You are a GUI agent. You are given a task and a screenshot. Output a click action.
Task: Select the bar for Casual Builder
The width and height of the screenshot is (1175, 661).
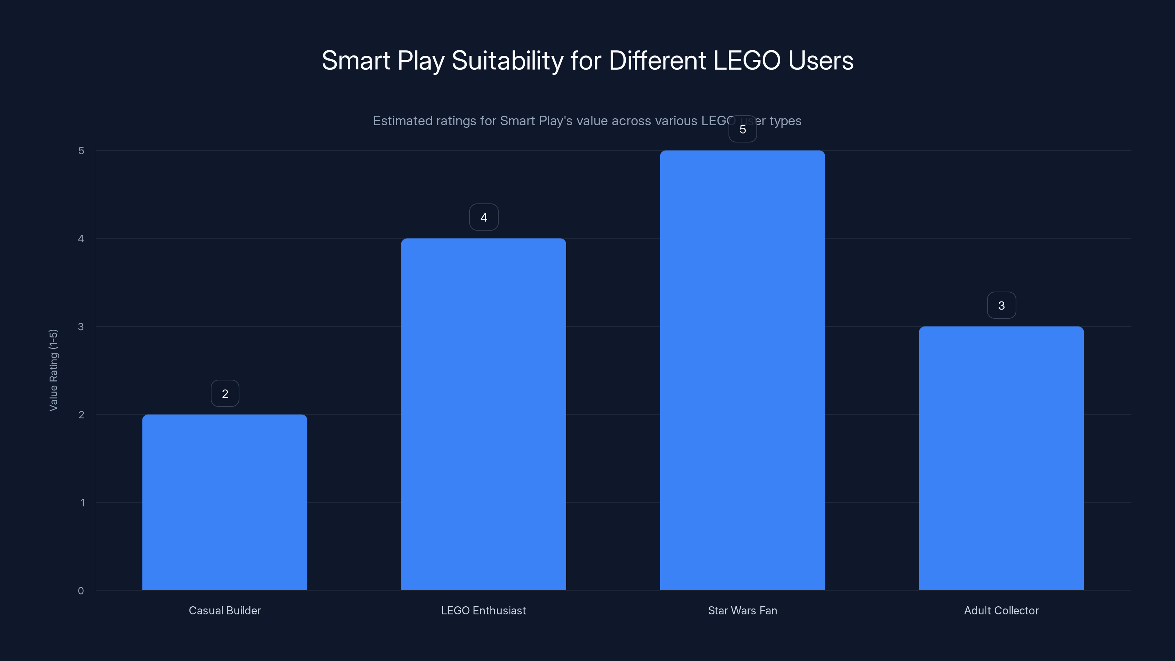pyautogui.click(x=224, y=502)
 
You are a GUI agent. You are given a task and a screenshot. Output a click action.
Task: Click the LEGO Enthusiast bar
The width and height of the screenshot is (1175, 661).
pyautogui.click(x=484, y=414)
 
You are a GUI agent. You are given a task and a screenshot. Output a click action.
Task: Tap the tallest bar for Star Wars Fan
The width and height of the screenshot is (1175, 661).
pyautogui.click(x=742, y=370)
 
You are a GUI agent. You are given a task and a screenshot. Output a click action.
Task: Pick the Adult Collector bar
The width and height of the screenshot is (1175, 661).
pyautogui.click(x=1001, y=458)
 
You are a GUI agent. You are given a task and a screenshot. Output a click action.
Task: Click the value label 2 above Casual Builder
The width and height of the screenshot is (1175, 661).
pyautogui.click(x=225, y=393)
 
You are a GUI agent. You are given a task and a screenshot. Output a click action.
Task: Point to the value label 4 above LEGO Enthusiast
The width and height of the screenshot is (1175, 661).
pyautogui.click(x=484, y=217)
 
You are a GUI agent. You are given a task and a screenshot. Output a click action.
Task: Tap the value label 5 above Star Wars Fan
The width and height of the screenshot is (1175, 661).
pyautogui.click(x=742, y=129)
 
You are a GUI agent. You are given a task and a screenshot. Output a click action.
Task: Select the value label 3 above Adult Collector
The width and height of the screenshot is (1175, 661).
pyautogui.click(x=1001, y=305)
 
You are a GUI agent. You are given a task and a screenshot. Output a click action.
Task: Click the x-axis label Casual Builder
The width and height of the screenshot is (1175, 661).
pyautogui.click(x=224, y=610)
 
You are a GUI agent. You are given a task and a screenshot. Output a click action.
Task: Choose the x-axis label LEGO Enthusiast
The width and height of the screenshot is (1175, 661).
pyautogui.click(x=484, y=610)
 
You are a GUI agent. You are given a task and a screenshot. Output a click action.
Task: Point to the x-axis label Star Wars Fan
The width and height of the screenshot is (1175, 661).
pyautogui.click(x=742, y=610)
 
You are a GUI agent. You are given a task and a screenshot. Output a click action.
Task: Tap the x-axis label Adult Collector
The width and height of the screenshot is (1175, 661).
pyautogui.click(x=1001, y=610)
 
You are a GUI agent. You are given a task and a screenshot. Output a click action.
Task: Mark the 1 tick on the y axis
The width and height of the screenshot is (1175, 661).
pyautogui.click(x=82, y=503)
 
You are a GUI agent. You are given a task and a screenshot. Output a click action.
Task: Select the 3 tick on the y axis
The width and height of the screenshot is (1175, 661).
pyautogui.click(x=81, y=326)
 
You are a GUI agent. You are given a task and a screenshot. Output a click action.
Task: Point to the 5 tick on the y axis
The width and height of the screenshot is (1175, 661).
pyautogui.click(x=81, y=151)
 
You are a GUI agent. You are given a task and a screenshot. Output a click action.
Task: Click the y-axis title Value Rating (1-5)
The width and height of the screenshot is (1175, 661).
pyautogui.click(x=53, y=370)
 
